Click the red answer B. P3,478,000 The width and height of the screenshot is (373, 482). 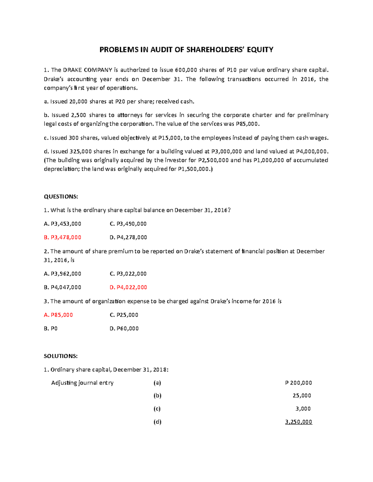[x=62, y=237]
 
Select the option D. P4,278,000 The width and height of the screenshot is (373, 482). [x=128, y=237]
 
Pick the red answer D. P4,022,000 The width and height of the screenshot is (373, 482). [x=128, y=287]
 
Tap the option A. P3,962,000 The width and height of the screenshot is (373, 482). [x=62, y=274]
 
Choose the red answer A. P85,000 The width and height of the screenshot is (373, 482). [x=58, y=315]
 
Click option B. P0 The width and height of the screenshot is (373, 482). [x=51, y=329]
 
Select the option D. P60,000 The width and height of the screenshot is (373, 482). [x=124, y=329]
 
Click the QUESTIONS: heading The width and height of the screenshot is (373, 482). [x=61, y=197]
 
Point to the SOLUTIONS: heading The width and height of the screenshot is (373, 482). [x=61, y=356]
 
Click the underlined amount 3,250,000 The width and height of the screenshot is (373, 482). [x=298, y=422]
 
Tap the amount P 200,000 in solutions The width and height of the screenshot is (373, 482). [x=298, y=383]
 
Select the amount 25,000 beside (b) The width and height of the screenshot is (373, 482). [x=302, y=396]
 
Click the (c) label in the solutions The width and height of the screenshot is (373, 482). [x=157, y=409]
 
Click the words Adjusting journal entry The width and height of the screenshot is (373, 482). [x=82, y=383]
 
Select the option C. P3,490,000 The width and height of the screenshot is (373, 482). [x=128, y=224]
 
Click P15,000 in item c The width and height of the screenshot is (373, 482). [x=170, y=138]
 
